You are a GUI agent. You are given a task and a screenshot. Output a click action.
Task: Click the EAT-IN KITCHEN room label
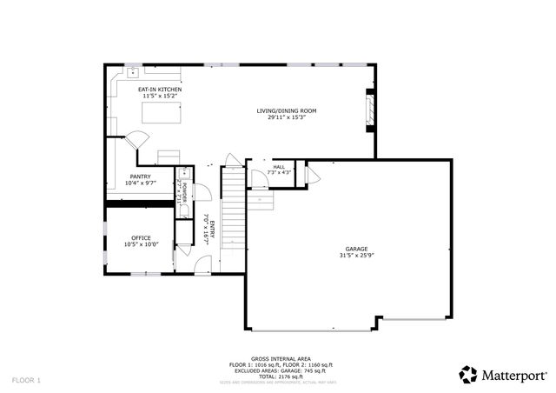(x=160, y=89)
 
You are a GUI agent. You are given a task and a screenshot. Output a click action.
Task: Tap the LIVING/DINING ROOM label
(x=286, y=110)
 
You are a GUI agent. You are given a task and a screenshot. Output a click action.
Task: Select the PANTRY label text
(x=140, y=177)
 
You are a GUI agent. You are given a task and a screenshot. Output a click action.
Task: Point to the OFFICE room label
(x=141, y=237)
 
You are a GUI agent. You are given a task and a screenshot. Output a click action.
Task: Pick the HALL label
(x=279, y=166)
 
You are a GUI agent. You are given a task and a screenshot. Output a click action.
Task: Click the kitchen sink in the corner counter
(x=134, y=72)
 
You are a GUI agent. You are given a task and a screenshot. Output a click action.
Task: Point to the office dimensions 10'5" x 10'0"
(x=141, y=244)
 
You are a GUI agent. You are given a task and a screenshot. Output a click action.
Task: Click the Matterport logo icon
(x=468, y=375)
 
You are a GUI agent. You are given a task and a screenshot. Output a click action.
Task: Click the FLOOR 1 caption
(x=26, y=380)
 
